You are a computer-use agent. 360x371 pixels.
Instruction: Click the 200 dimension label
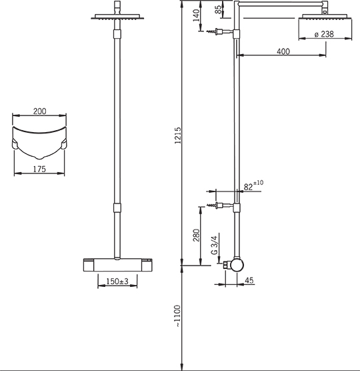pos(40,111)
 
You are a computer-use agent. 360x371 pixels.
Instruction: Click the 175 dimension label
pos(39,169)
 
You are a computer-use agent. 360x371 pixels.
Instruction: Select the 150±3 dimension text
pos(117,282)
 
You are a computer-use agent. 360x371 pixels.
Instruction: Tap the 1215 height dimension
pos(177,135)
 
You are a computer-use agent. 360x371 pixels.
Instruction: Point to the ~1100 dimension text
pos(177,316)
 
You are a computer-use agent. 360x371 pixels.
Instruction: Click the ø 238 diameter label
pos(324,34)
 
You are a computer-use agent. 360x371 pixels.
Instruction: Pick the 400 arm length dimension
pos(283,51)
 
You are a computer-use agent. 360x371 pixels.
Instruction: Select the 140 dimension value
pos(196,15)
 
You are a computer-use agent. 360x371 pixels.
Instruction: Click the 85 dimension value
pos(219,10)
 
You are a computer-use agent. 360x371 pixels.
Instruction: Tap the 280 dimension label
pos(196,235)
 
